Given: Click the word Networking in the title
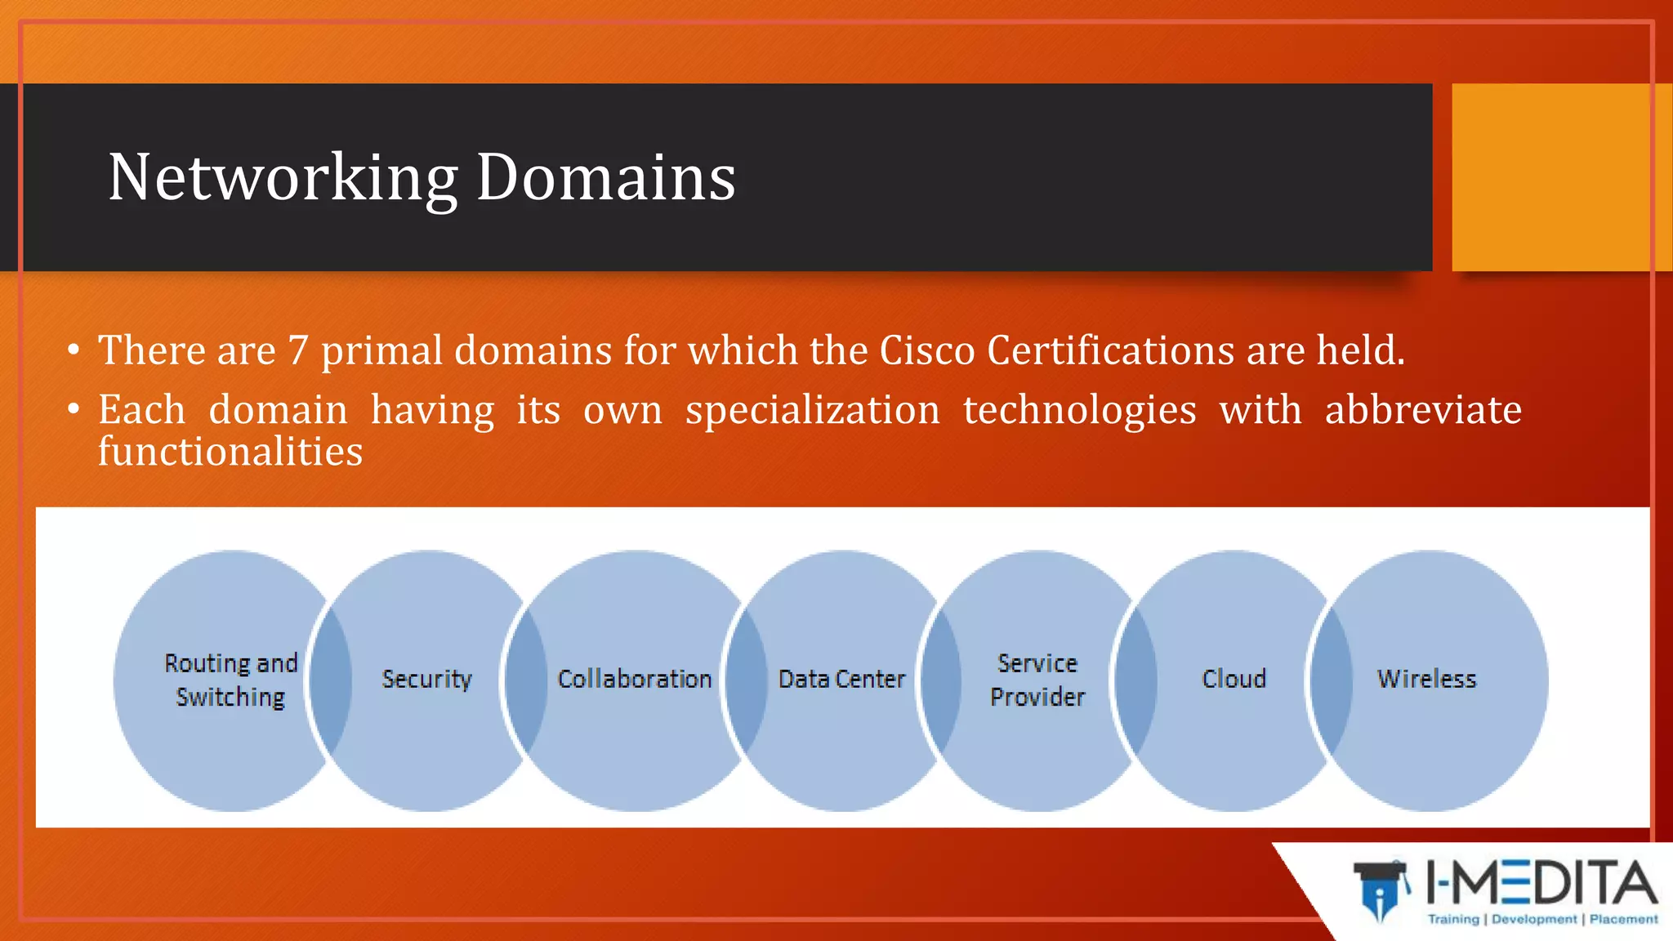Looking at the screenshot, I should point(283,177).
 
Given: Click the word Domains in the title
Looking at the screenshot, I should point(605,177).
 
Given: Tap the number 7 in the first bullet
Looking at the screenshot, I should point(298,350).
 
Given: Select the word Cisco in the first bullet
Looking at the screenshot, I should point(927,350).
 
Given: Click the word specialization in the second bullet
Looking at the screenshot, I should point(812,410).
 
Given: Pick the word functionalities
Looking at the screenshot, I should point(230,452).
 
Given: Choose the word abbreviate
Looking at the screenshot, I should point(1423,410).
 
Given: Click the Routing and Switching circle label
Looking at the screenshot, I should point(231,680).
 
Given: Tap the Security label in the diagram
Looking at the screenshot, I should point(427,679).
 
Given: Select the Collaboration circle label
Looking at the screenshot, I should point(635,679).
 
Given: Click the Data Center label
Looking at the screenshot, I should point(841,679).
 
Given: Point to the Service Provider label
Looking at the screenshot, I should point(1037,680).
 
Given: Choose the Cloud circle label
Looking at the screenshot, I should point(1234,679).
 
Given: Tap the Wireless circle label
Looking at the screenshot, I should point(1427,679).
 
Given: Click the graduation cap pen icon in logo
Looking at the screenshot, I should point(1381,890).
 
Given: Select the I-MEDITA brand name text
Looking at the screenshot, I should point(1542,883).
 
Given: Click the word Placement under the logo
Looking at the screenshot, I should point(1623,920).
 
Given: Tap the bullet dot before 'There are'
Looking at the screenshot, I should point(74,350).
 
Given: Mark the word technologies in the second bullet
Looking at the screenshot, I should point(1079,410).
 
